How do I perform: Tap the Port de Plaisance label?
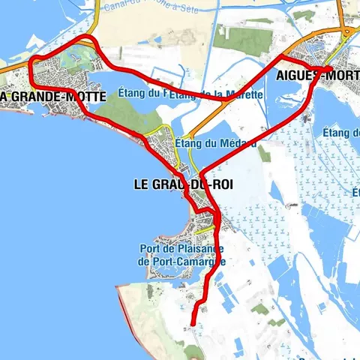point(182,249)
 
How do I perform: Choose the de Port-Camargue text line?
point(182,261)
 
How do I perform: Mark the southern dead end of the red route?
point(192,325)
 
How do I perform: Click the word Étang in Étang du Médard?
point(186,142)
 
